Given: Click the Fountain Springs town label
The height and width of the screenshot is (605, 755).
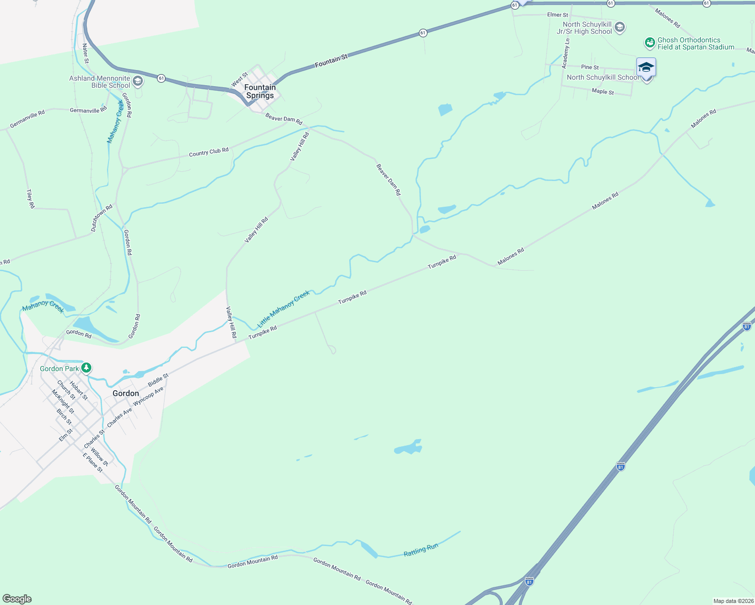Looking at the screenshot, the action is click(x=260, y=91).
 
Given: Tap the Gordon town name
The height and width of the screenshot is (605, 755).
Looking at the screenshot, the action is click(x=126, y=393).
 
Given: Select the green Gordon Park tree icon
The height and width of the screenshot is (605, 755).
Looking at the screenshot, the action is click(x=87, y=368).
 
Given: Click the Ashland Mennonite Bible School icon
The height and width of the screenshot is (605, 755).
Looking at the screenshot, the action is click(x=137, y=81).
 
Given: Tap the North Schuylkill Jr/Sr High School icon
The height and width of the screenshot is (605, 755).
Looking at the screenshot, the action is click(x=620, y=27).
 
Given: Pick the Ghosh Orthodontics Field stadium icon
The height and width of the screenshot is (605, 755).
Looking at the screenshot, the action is click(x=650, y=43).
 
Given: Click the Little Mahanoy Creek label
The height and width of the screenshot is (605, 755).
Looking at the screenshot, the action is click(x=284, y=309).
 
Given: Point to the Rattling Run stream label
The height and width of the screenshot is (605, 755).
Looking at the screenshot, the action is click(x=421, y=550).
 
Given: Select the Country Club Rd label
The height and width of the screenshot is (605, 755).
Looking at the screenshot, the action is click(x=208, y=152).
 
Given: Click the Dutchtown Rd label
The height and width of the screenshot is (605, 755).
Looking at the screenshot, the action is click(x=101, y=218).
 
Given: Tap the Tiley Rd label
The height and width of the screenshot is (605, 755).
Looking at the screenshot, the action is click(x=30, y=199).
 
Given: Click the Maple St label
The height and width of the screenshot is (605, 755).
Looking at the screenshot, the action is click(x=603, y=92).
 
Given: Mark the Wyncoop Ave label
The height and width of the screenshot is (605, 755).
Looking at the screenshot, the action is click(x=148, y=397).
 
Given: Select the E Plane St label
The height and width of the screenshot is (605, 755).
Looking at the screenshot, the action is click(x=93, y=462).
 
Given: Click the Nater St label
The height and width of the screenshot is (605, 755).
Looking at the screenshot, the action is click(x=85, y=53).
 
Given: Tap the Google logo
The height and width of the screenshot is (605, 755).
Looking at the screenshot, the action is click(x=17, y=599).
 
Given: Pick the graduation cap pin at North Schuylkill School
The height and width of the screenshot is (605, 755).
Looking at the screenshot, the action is click(x=646, y=68).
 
